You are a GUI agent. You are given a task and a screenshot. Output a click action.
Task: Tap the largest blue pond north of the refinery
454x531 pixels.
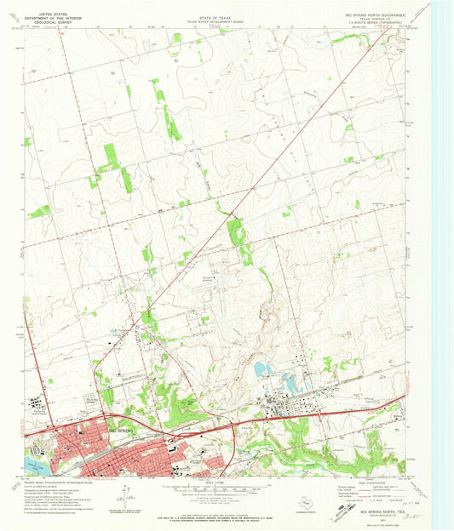point(259,369)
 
